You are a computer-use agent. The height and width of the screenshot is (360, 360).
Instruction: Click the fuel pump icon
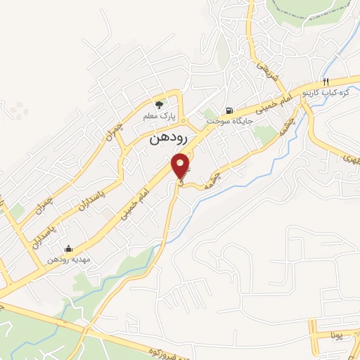point(229,110)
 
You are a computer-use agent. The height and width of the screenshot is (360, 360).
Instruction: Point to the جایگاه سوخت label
point(229,121)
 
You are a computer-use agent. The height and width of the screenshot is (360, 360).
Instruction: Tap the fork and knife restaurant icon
point(326,82)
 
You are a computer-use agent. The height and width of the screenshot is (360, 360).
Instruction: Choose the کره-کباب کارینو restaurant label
point(325,93)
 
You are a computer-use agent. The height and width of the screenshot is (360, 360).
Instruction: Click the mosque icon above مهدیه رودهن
point(67,248)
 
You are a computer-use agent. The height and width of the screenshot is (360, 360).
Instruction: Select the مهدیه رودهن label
point(66,259)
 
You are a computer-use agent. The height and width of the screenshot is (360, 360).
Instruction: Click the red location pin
point(182,165)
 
